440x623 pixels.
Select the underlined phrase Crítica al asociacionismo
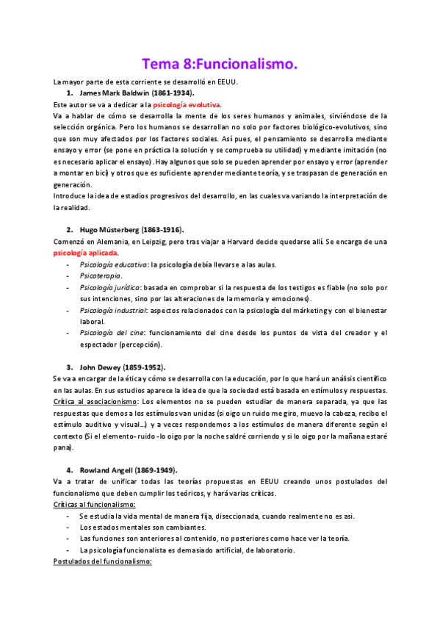point(95,402)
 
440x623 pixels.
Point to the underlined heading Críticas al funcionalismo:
point(99,505)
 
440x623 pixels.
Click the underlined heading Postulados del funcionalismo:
point(102,561)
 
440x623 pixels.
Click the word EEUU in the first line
point(239,82)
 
